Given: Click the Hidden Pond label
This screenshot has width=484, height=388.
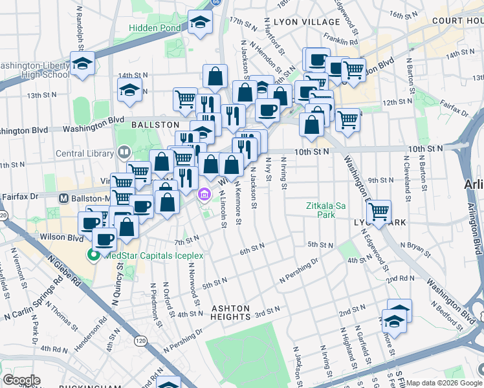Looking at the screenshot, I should (x=154, y=28).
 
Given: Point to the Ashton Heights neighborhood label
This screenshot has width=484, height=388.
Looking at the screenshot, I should (x=231, y=313).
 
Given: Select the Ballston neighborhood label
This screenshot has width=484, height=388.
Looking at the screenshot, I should (x=155, y=124).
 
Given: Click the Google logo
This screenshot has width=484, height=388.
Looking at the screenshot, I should (x=21, y=380).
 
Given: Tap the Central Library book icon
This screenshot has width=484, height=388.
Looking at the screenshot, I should (x=124, y=153).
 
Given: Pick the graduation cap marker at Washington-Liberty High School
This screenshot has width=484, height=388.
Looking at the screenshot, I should (x=83, y=63).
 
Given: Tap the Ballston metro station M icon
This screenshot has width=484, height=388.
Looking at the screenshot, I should (x=64, y=198).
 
